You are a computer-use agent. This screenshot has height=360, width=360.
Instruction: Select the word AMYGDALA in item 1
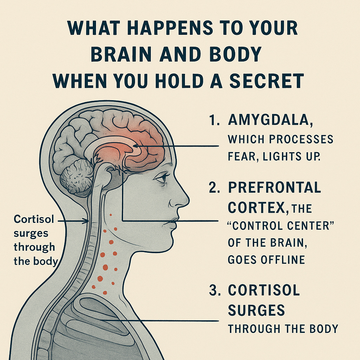pos(269,120)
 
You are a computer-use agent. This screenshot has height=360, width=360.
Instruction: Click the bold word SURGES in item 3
pos(256,310)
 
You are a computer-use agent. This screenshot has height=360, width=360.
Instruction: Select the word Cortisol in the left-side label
pos(34,219)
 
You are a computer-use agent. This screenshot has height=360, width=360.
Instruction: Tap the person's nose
pos(184,200)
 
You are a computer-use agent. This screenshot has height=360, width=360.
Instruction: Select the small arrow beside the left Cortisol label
pos(86,221)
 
